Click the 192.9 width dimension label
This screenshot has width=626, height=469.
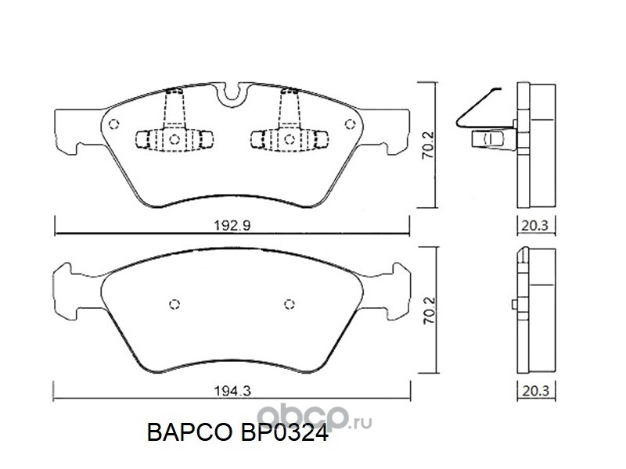click(x=232, y=226)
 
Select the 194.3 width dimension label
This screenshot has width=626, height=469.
click(x=232, y=392)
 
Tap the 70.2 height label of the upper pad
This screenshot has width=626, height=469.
click(x=429, y=145)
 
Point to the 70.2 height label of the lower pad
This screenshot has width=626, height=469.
click(x=429, y=310)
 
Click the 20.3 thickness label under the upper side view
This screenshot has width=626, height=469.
click(x=535, y=226)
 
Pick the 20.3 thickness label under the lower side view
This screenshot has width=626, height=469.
click(x=535, y=392)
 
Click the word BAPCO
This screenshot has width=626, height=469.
click(x=189, y=432)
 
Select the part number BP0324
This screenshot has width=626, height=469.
click(x=284, y=432)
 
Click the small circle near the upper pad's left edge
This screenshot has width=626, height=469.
click(x=113, y=124)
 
